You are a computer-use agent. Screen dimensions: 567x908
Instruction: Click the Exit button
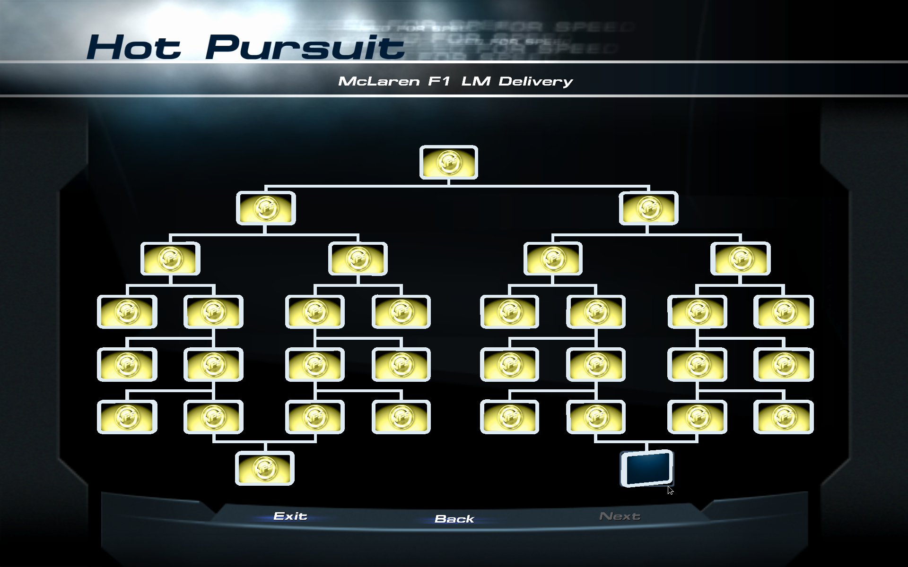coord(290,516)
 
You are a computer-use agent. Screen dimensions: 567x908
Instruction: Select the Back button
coord(454,519)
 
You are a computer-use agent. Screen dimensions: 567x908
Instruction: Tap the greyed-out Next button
coord(620,516)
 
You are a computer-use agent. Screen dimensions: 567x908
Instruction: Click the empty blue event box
coord(646,468)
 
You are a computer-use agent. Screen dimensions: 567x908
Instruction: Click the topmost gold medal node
coord(448,162)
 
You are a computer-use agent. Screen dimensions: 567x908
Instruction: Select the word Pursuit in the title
coord(305,48)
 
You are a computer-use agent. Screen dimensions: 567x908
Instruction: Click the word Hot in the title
coord(134,48)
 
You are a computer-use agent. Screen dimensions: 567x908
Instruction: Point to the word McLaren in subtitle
coord(379,81)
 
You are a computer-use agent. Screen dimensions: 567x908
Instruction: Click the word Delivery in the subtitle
coord(535,81)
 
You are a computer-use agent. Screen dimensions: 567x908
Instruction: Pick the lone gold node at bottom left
coord(265,468)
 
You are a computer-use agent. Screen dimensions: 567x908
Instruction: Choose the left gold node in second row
coord(266,208)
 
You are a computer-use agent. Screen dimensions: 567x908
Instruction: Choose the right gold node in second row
coord(648,208)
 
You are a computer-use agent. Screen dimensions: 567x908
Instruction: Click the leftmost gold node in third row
coord(170,258)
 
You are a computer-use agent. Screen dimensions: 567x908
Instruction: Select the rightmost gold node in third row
coord(740,258)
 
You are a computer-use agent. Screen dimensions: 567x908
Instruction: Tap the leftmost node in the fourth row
coord(127,311)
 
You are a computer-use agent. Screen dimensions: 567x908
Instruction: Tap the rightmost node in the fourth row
coord(783,311)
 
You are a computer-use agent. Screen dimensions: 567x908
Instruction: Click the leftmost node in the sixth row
coord(127,417)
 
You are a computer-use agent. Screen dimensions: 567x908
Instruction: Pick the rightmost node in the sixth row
coord(783,417)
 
